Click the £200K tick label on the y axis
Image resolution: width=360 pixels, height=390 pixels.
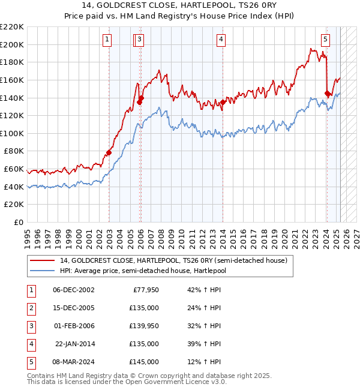coord(12,44)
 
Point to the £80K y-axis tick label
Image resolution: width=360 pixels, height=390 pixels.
coord(14,151)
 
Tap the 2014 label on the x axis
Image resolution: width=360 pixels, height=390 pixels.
coord(223,233)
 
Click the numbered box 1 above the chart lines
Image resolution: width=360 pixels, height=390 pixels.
coord(107,40)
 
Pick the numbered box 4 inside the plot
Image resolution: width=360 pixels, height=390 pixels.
coord(221,40)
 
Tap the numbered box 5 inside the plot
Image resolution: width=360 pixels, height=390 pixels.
coord(325,40)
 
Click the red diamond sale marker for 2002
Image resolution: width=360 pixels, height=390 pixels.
coord(109,152)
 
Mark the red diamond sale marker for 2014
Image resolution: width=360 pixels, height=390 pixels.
coord(223,102)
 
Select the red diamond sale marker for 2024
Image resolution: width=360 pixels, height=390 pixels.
coord(327,93)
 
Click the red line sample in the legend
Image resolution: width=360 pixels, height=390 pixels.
coord(42,260)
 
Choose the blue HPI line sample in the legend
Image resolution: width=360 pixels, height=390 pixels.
coord(42,271)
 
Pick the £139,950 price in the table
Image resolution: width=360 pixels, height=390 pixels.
coord(144,326)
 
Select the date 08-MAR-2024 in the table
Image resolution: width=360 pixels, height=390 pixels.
coord(74,362)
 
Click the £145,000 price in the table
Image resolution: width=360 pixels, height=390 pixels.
coord(144,362)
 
